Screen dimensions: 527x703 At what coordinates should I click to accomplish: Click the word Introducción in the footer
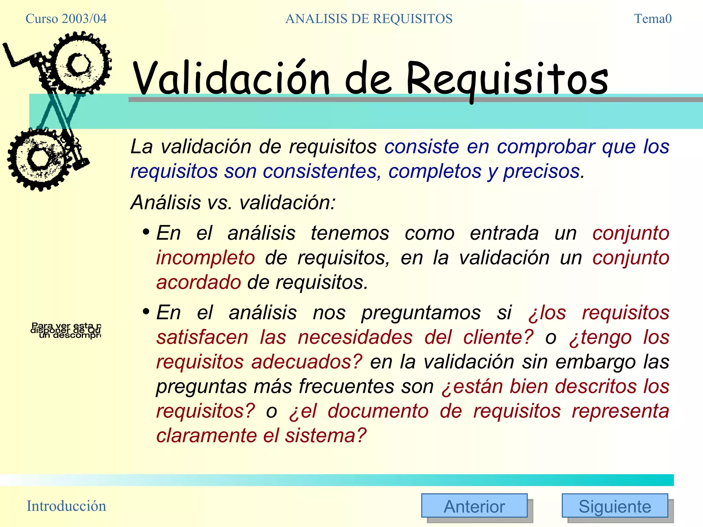pyautogui.click(x=66, y=506)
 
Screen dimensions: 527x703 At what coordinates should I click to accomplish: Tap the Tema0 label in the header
pyautogui.click(x=653, y=19)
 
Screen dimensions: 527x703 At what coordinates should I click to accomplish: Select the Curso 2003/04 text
pyautogui.click(x=66, y=19)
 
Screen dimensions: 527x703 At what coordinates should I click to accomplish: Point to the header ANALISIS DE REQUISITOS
pyautogui.click(x=369, y=19)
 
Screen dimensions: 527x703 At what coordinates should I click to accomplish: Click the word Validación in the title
pyautogui.click(x=231, y=79)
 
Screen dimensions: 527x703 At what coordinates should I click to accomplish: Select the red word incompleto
pyautogui.click(x=205, y=258)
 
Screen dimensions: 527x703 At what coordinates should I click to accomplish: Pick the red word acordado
pyautogui.click(x=198, y=282)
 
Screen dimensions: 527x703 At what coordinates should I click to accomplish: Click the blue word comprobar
pyautogui.click(x=546, y=147)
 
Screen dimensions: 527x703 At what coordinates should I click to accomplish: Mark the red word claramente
pyautogui.click(x=206, y=435)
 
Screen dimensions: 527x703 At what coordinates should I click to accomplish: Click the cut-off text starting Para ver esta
pyautogui.click(x=66, y=330)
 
